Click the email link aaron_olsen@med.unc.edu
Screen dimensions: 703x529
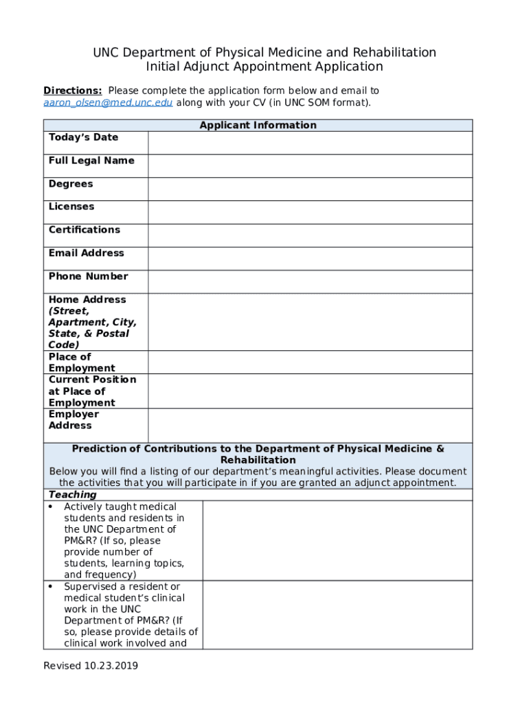[x=108, y=103]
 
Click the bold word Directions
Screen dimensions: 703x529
[x=73, y=91]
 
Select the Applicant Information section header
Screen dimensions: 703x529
[x=258, y=125]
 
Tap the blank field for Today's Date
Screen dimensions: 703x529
[x=310, y=143]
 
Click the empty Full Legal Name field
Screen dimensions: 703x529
[x=310, y=166]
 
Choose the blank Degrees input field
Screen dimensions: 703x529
[x=310, y=189]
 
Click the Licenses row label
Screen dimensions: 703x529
[x=71, y=207]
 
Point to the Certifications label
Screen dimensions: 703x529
[x=84, y=230]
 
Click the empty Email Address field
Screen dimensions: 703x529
[x=310, y=259]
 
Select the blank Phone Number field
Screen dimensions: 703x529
[x=310, y=281]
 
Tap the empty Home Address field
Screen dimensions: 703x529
[x=310, y=322]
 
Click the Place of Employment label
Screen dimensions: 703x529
[x=81, y=362]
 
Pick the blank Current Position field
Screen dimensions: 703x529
[x=310, y=391]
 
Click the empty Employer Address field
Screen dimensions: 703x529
[x=310, y=426]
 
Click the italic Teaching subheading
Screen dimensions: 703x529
[x=72, y=495]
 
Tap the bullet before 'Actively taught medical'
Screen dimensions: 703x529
[x=52, y=507]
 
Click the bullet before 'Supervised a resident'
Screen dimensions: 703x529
[x=52, y=587]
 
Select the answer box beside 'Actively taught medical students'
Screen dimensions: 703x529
[x=337, y=540]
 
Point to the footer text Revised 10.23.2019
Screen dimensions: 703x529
[x=91, y=666]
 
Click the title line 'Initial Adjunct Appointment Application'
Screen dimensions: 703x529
[x=264, y=67]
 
